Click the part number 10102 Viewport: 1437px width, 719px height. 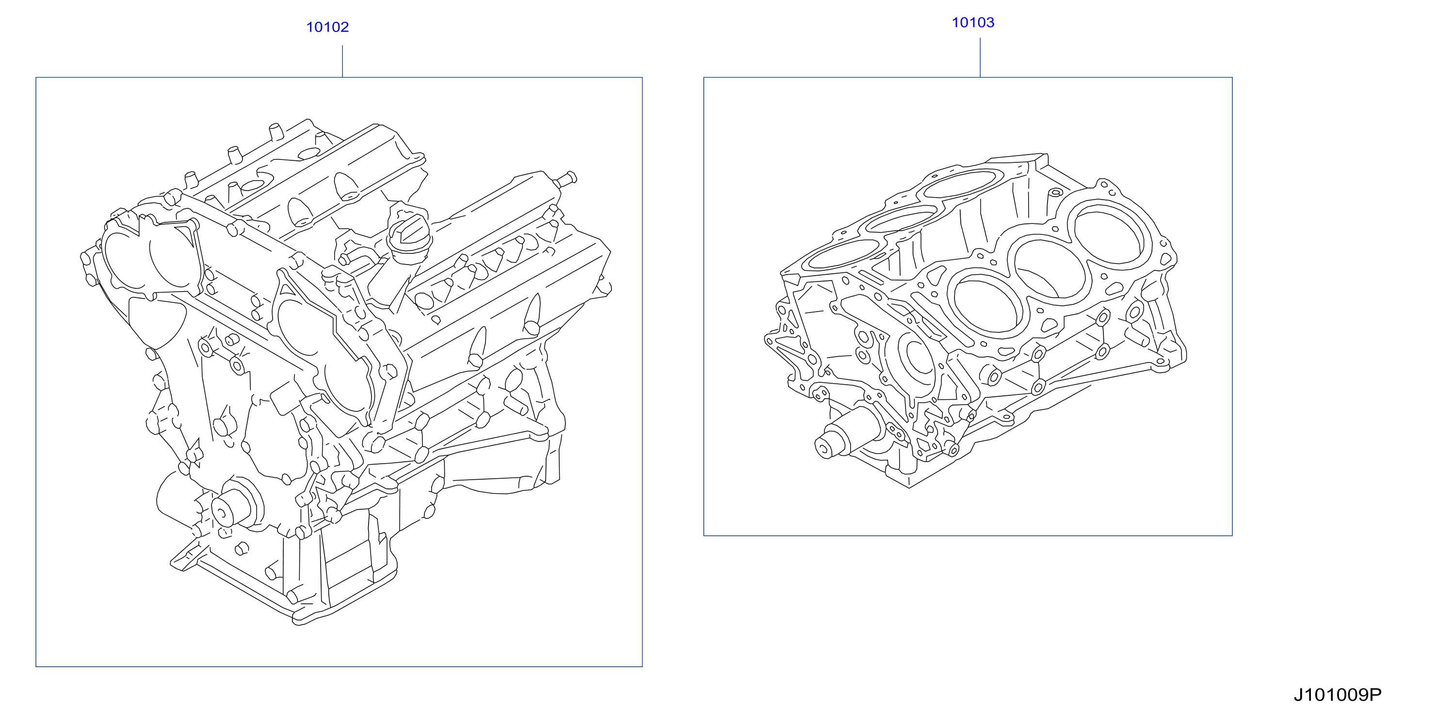pyautogui.click(x=327, y=27)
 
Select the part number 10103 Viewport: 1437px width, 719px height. pyautogui.click(x=973, y=22)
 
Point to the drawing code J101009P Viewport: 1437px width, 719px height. pyautogui.click(x=1338, y=695)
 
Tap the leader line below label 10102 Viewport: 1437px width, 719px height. pyautogui.click(x=342, y=62)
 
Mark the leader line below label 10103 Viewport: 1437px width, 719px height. pyautogui.click(x=980, y=57)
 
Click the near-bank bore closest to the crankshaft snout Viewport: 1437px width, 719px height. pyautogui.click(x=989, y=304)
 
